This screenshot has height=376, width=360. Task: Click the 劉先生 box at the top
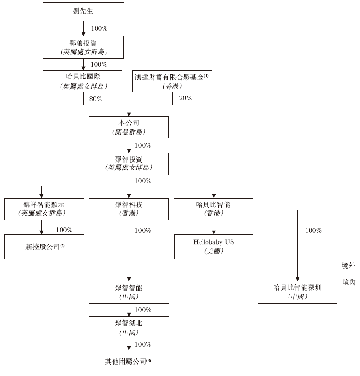tap(83, 11)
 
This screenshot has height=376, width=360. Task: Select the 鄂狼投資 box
tap(83, 47)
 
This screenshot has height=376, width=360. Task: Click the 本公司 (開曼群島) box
tap(128, 127)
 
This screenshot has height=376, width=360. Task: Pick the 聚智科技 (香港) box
tap(128, 209)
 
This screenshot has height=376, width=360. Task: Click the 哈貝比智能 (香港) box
tap(214, 209)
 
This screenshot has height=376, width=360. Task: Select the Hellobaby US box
tap(214, 246)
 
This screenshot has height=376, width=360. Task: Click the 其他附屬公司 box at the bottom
tap(128, 361)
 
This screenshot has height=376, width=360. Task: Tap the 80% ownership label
tap(96, 99)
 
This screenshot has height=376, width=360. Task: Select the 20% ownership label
tap(185, 98)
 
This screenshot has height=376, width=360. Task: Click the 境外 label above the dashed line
tap(349, 266)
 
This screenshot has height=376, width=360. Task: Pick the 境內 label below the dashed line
tap(349, 283)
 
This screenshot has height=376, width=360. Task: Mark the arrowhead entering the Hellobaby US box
tap(214, 233)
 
